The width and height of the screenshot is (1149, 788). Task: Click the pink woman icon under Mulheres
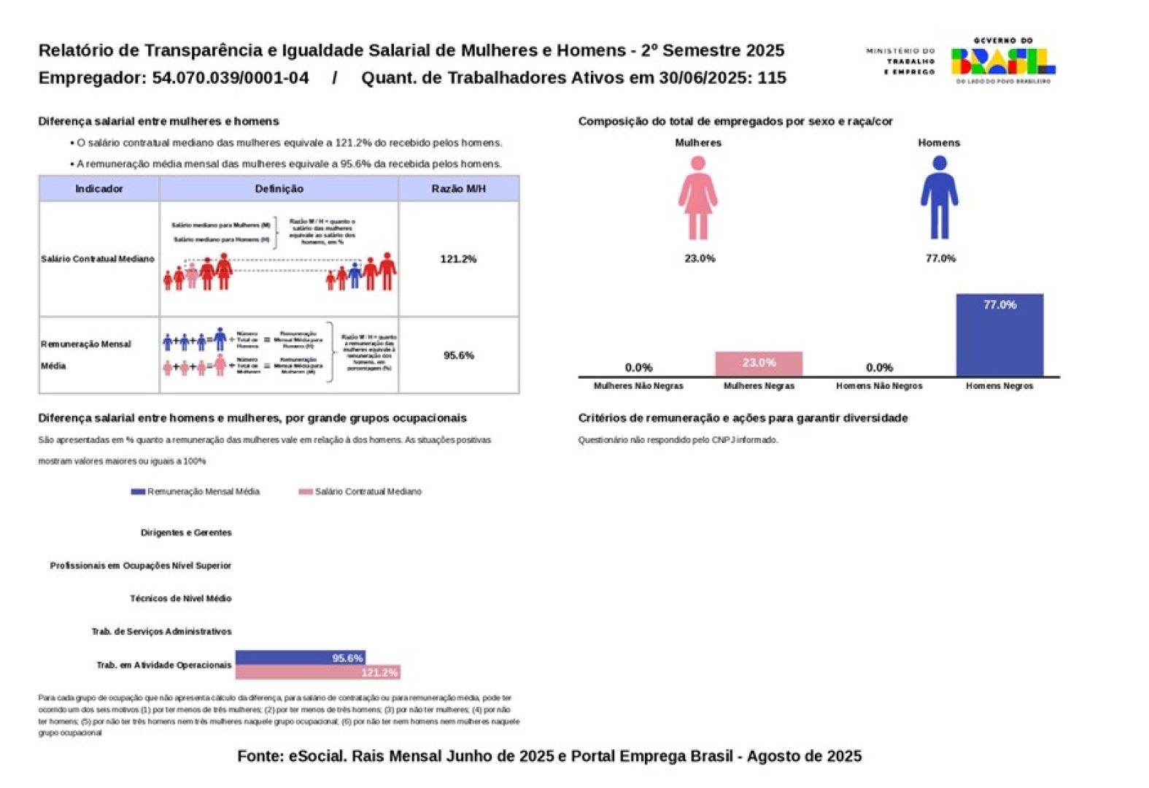coord(697,198)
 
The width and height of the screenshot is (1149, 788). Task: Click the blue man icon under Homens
coord(939,198)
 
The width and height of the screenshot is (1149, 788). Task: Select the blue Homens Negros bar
coord(999,335)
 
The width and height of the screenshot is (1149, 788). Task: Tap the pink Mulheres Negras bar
coord(758,363)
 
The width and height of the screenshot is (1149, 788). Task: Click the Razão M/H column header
coord(458,189)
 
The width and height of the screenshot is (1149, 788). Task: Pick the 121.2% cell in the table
coord(458,259)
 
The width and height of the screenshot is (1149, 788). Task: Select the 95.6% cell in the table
coord(458,355)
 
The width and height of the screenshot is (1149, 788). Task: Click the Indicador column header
coord(99,189)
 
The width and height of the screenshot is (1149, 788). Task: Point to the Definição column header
coord(279,189)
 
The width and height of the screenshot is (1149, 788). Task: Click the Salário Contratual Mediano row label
coord(98,259)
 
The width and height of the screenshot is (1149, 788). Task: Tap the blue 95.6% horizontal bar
coord(300,657)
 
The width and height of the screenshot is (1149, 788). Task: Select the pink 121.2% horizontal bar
coord(317,672)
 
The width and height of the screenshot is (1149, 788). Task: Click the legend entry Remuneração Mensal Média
coord(196,492)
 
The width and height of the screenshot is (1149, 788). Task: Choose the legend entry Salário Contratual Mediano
coord(360,492)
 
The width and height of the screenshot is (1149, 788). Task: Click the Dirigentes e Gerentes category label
coord(186,533)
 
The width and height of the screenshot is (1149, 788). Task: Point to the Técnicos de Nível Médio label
coord(180,598)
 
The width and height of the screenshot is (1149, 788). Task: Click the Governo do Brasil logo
coord(1002,61)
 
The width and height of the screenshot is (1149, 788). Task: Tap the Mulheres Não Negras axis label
coord(638,386)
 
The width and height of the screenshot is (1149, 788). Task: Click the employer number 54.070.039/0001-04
coord(231,78)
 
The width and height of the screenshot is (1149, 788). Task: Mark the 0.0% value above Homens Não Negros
coord(878,368)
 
